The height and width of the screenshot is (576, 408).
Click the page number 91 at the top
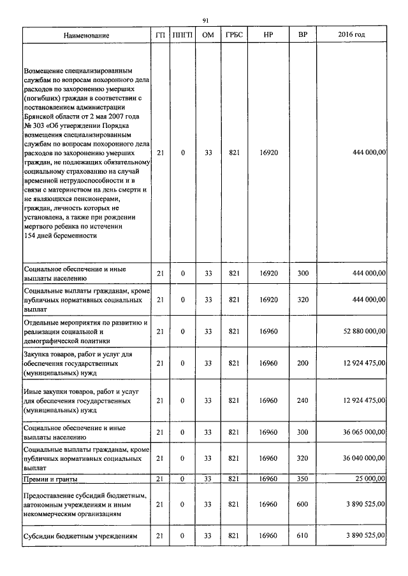point(205,21)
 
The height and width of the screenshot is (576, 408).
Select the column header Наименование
point(86,34)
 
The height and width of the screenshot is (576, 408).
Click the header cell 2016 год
point(351,34)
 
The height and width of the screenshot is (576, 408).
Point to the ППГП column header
point(183,34)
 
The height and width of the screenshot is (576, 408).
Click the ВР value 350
point(303,478)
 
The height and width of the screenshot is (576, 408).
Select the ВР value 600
point(303,503)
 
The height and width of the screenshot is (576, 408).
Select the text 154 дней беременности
point(60,235)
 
